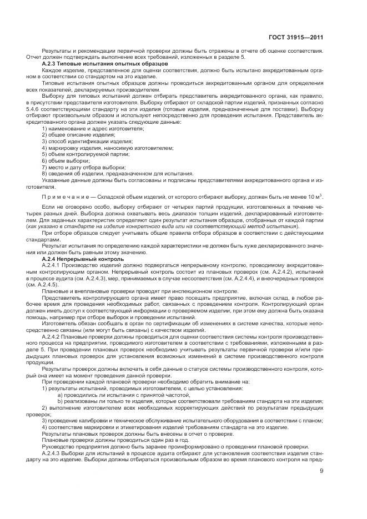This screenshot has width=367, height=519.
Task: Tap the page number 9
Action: pyautogui.click(x=322, y=472)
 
